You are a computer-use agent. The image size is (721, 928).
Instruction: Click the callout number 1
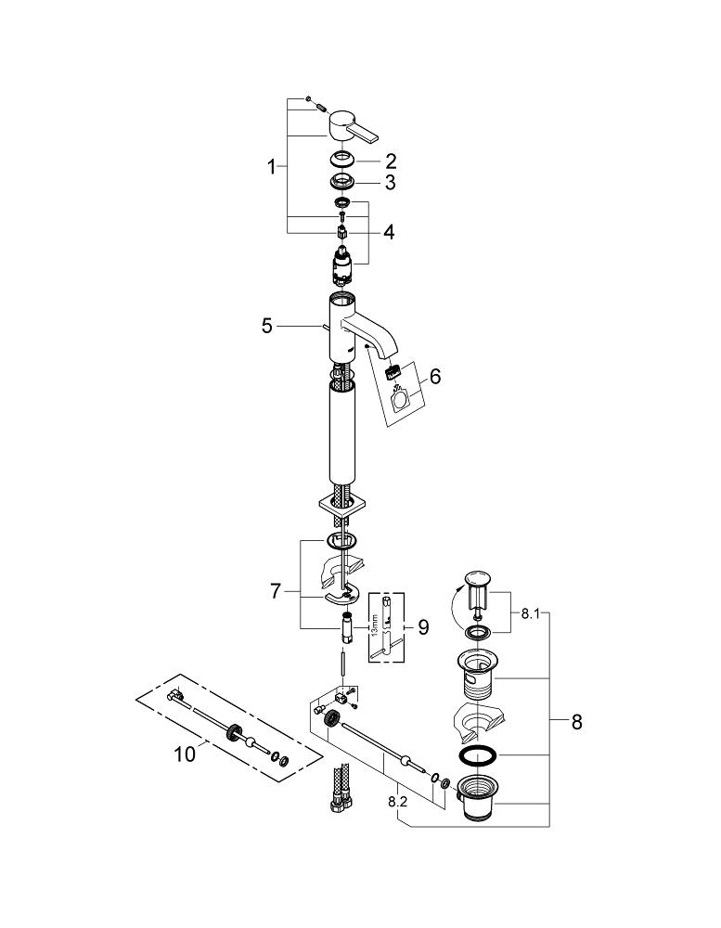coord(272,167)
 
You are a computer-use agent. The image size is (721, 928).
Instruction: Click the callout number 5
coord(267,326)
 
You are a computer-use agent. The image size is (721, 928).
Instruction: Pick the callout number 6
coord(435,377)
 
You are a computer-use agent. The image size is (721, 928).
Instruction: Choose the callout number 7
coord(276,590)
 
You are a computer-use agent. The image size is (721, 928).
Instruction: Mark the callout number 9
coord(423,626)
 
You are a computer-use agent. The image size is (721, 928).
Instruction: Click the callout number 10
coord(185,754)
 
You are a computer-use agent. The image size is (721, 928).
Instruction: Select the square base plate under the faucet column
coord(341,507)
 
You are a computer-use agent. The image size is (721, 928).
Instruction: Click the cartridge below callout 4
coord(342,265)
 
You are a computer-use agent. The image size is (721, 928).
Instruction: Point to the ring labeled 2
coord(341,158)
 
